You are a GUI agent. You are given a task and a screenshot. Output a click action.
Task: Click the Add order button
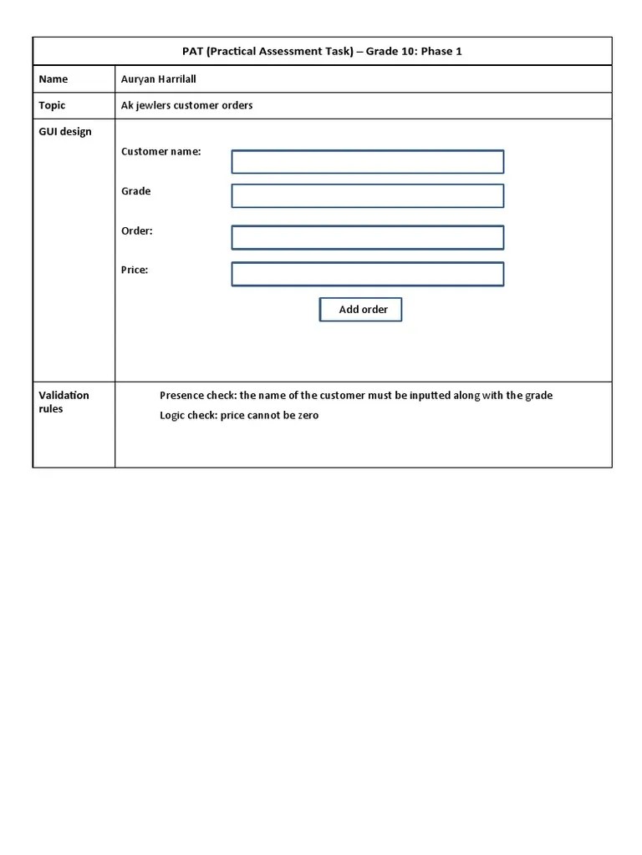click(x=360, y=310)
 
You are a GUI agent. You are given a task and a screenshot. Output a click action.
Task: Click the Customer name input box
click(x=367, y=162)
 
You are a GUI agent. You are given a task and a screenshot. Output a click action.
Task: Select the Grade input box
click(x=367, y=196)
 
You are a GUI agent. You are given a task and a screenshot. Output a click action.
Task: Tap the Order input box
click(x=367, y=237)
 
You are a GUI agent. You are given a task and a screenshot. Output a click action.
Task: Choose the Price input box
click(x=367, y=275)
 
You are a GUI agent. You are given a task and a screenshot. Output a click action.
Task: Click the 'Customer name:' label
click(x=160, y=152)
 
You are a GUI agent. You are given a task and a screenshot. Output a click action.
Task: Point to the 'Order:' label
click(x=137, y=231)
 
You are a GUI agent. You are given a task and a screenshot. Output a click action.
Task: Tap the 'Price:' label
click(x=135, y=270)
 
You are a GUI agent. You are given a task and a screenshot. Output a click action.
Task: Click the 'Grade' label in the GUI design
click(x=136, y=191)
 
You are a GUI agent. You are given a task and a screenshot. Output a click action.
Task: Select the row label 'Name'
click(x=53, y=79)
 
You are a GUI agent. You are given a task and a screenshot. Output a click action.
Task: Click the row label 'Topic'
click(x=52, y=105)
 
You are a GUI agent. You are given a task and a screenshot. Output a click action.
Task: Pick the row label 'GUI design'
click(x=65, y=132)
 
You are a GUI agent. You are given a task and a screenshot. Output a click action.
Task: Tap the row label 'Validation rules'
click(x=64, y=402)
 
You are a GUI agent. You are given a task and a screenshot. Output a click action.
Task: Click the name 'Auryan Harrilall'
click(x=159, y=79)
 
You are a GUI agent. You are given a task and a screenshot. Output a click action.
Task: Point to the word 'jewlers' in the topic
click(x=154, y=105)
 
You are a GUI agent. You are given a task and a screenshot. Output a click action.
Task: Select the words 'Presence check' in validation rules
click(x=197, y=396)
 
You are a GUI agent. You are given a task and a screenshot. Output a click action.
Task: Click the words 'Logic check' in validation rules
click(x=188, y=416)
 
